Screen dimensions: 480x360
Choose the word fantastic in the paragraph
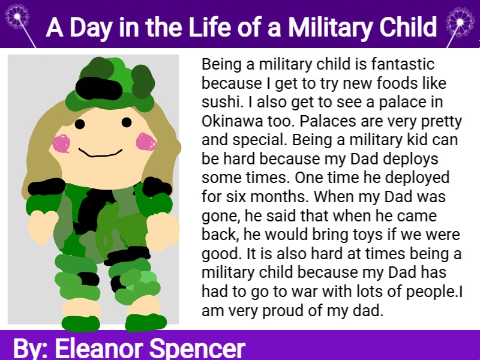(403, 64)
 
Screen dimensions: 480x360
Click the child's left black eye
(80, 124)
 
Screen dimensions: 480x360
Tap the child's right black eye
(127, 122)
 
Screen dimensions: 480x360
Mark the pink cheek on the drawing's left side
(62, 143)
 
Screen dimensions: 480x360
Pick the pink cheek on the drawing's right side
(146, 142)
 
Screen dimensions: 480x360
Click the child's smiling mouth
(100, 153)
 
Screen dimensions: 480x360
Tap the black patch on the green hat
(98, 89)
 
